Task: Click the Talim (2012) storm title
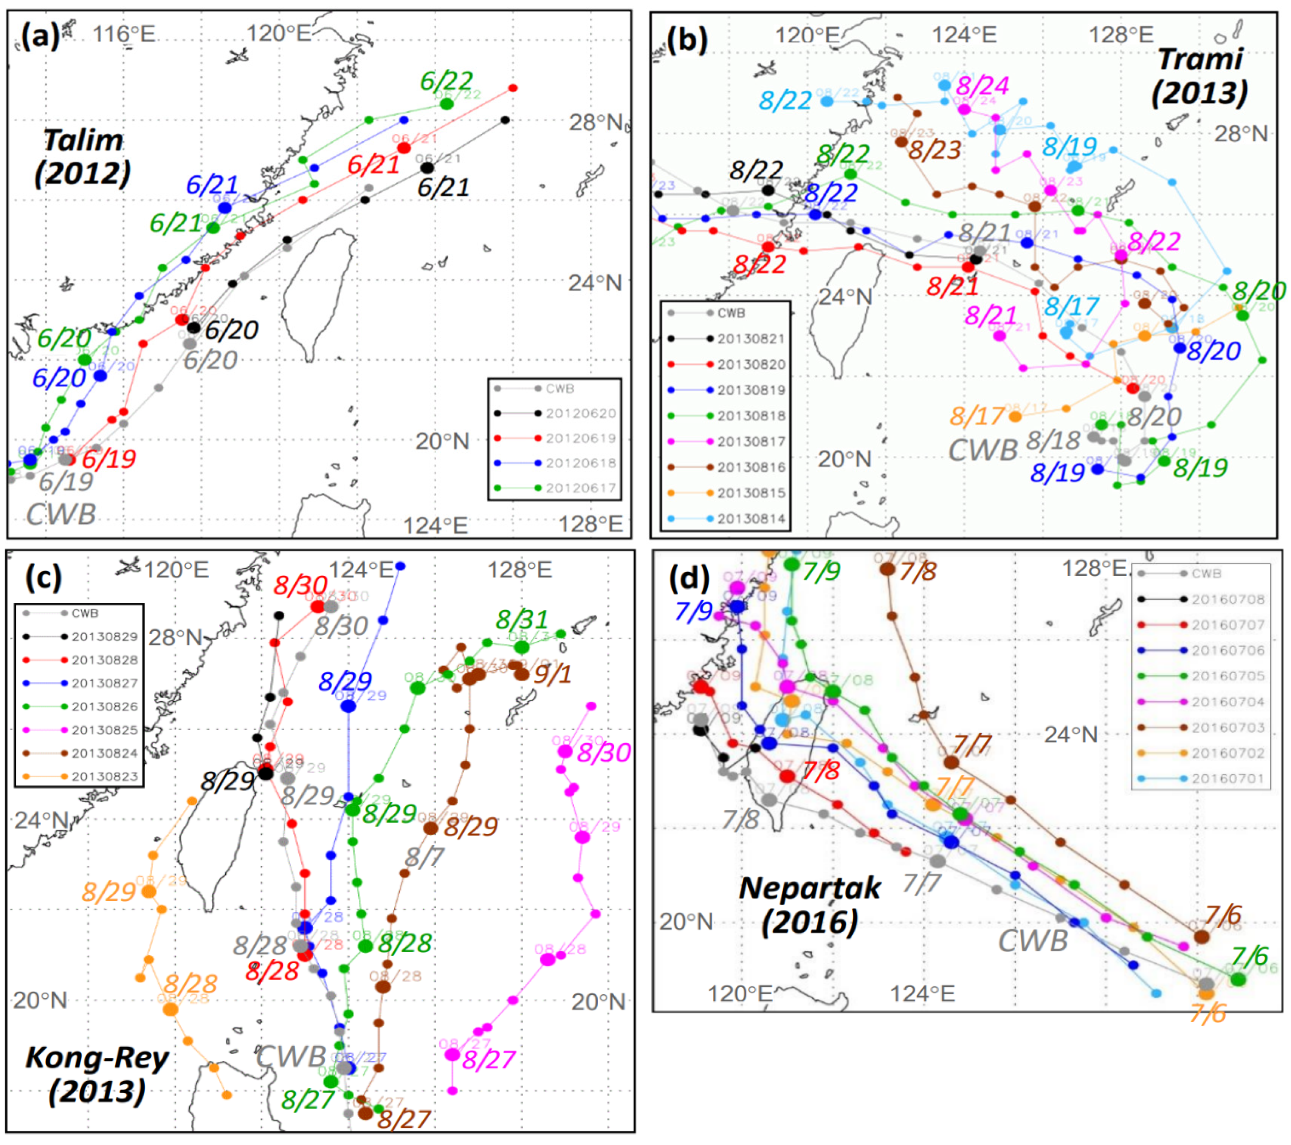(83, 156)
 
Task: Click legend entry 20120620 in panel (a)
(580, 413)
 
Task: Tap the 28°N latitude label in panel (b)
(1241, 134)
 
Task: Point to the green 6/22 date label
(446, 81)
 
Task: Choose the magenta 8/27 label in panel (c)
(488, 1060)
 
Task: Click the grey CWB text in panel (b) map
(983, 449)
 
